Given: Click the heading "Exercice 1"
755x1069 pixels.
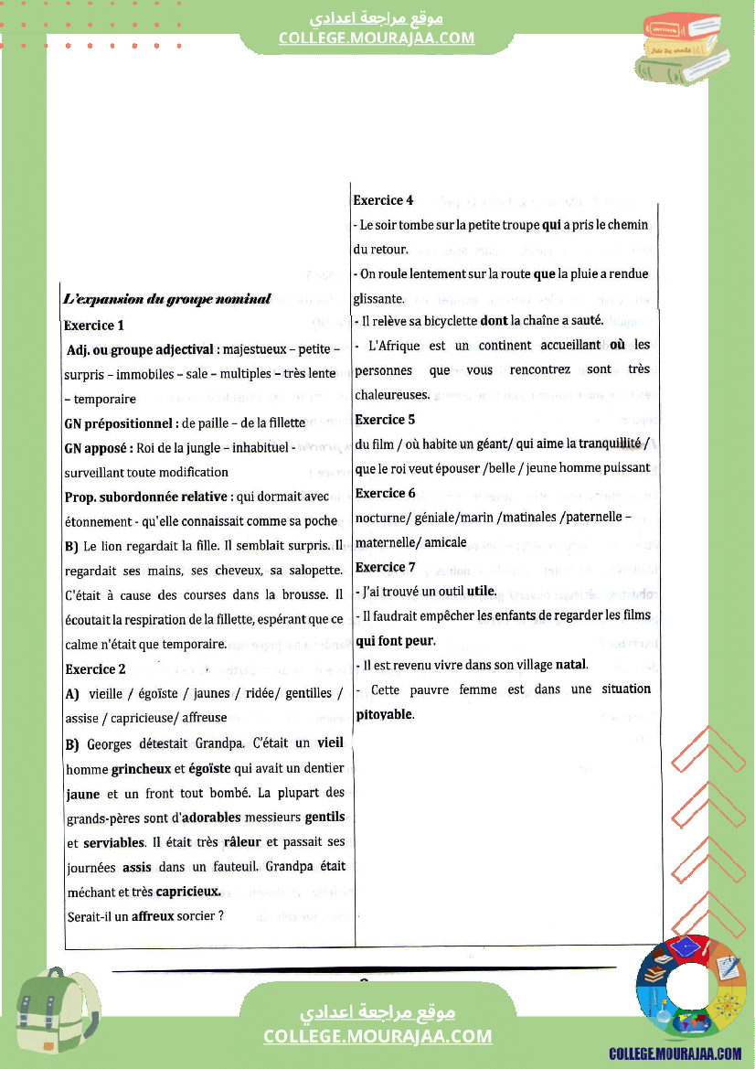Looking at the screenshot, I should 94,325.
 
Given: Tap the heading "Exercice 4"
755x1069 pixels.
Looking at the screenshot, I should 384,200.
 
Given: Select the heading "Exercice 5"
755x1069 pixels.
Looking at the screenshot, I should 385,420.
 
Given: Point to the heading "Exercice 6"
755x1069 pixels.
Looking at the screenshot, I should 386,493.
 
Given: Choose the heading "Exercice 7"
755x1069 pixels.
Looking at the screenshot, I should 386,567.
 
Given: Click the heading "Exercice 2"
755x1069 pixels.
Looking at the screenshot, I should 96,668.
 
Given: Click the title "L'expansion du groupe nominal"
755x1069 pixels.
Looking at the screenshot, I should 167,299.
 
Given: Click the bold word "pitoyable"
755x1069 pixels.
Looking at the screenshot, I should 384,714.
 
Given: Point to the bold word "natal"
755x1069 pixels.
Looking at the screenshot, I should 571,665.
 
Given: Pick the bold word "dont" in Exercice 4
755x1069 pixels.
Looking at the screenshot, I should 494,321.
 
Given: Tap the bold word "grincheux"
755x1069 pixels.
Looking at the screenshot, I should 141,768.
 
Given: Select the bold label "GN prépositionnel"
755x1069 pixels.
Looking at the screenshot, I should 121,423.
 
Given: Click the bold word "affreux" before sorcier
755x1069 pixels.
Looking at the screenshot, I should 153,915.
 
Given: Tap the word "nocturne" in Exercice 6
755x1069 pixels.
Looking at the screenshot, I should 380,518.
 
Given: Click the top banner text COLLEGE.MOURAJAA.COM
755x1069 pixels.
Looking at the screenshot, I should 377,37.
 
